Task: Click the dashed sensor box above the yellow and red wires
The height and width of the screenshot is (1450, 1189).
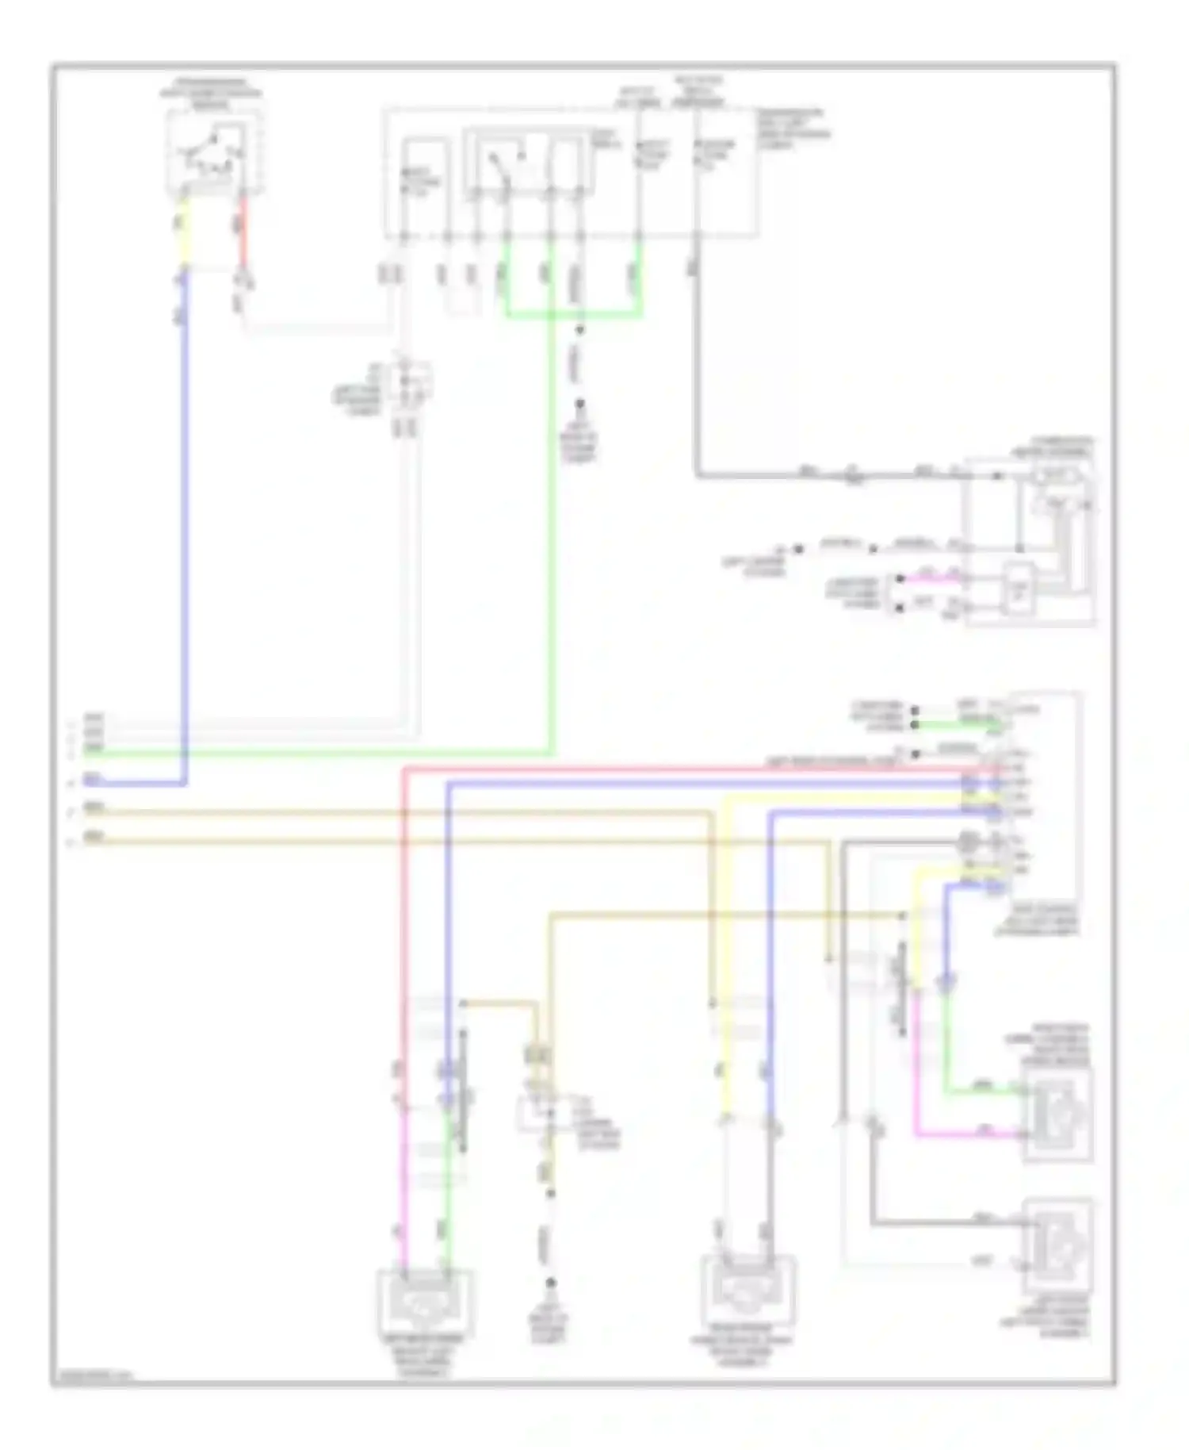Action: click(213, 152)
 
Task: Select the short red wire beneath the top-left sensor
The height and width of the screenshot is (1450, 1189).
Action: click(243, 234)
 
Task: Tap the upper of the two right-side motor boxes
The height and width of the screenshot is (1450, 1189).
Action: click(1058, 1114)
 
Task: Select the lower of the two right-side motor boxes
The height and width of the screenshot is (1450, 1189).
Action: click(1058, 1245)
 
